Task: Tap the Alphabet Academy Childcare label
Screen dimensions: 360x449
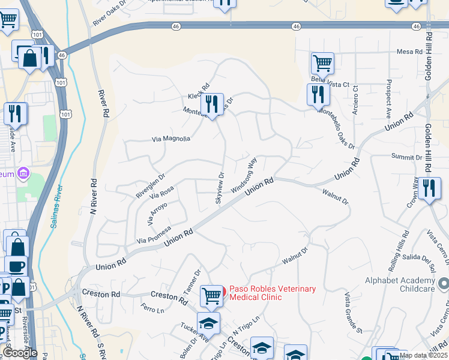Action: coord(400,285)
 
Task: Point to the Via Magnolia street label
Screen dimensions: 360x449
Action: coord(171,139)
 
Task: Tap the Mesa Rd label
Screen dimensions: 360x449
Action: coord(409,52)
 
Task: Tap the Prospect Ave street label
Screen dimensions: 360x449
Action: coord(389,98)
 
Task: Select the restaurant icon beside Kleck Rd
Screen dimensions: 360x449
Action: coord(211,104)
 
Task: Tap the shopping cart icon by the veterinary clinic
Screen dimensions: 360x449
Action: coord(211,295)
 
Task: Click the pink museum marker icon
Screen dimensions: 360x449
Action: coord(23,173)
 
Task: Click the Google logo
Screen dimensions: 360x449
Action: coord(20,353)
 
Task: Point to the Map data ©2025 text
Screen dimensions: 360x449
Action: coord(424,355)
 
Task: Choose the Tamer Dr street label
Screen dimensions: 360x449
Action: coord(191,281)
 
